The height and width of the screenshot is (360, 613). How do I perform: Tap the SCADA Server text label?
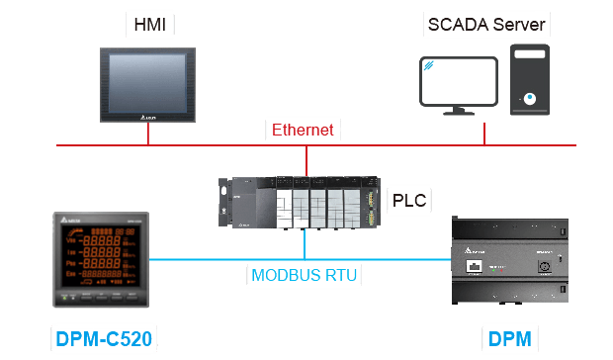484,24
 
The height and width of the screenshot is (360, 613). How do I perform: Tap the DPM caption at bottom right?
510,341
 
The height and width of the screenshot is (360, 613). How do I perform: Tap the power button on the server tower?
530,99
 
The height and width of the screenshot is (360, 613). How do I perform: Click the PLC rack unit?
299,203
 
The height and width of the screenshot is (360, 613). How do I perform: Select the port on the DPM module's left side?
473,267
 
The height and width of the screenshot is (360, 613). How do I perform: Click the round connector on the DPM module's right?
542,267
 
